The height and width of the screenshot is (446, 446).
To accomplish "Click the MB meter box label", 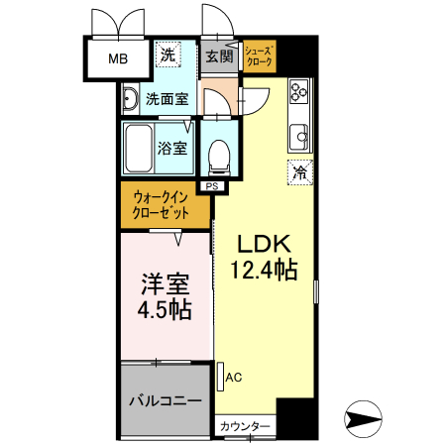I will click(117, 58).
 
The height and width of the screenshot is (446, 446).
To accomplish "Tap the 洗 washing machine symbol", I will click(168, 56).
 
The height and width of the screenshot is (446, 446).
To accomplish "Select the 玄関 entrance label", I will click(219, 56).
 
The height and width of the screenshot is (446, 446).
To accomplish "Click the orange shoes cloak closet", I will click(260, 56).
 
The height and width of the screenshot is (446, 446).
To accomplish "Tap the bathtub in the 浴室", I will click(139, 147).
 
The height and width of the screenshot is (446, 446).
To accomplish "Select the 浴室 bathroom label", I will click(172, 148).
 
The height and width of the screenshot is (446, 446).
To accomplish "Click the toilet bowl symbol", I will click(219, 152).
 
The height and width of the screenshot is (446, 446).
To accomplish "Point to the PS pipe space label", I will click(211, 185).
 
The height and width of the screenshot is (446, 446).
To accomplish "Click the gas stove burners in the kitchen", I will click(297, 95).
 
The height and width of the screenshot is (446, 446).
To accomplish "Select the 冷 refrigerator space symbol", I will click(298, 171).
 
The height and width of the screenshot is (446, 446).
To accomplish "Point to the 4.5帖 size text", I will click(166, 308).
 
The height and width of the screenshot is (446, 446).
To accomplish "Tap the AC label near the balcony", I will click(234, 377).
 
